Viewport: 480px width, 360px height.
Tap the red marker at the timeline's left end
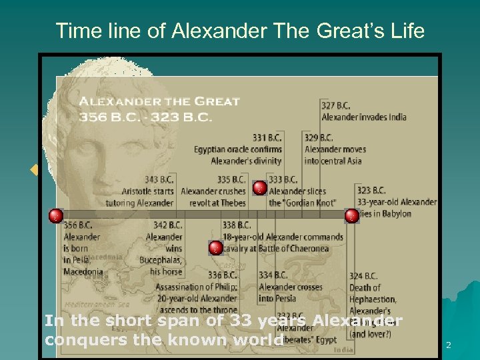pyautogui.click(x=56, y=215)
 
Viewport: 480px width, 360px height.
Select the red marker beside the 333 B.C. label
pyautogui.click(x=260, y=188)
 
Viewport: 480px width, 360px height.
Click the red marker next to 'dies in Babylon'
pyautogui.click(x=351, y=215)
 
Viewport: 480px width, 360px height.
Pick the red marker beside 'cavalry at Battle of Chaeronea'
pyautogui.click(x=215, y=248)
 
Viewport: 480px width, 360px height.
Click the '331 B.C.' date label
pyautogui.click(x=267, y=138)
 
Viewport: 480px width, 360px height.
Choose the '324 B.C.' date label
pyautogui.click(x=363, y=275)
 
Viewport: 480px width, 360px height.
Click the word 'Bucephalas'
pyautogui.click(x=161, y=260)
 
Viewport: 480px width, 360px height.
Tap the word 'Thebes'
pyautogui.click(x=234, y=203)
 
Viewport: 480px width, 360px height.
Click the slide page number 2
pyautogui.click(x=448, y=345)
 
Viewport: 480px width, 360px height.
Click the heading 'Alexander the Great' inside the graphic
pyautogui.click(x=159, y=102)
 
